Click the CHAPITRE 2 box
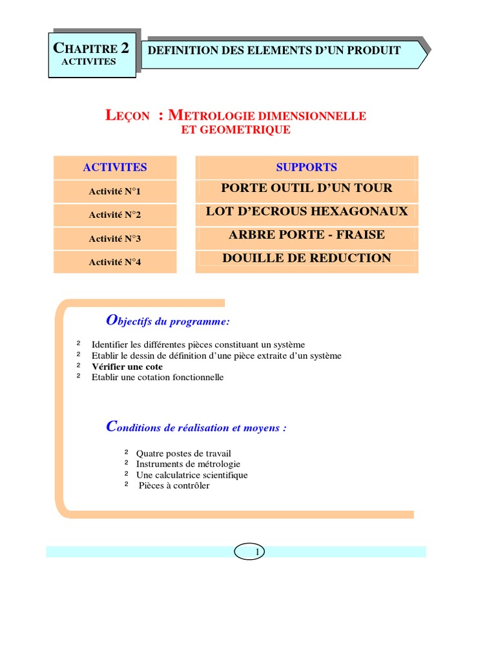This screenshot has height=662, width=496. (92, 54)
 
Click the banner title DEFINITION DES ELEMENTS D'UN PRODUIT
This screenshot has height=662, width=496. (274, 50)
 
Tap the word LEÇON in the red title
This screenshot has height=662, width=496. (127, 116)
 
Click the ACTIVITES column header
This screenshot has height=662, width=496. (115, 167)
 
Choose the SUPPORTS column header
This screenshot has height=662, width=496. (307, 167)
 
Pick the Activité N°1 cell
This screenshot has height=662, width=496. (115, 191)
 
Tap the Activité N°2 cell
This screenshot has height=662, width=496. (115, 215)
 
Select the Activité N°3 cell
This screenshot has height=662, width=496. (115, 239)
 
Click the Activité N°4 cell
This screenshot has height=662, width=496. (115, 262)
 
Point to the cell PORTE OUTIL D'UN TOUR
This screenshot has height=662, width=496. (307, 188)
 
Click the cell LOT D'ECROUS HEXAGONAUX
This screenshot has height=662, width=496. (307, 211)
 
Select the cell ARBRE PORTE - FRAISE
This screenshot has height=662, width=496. (307, 235)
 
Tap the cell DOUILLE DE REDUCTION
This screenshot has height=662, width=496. (307, 258)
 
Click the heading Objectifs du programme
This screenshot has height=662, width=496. (167, 321)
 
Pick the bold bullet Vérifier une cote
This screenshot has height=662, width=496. (127, 367)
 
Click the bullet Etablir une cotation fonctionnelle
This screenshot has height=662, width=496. (158, 377)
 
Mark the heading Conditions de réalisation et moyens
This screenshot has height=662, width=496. (196, 427)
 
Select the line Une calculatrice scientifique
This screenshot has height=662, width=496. (192, 475)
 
